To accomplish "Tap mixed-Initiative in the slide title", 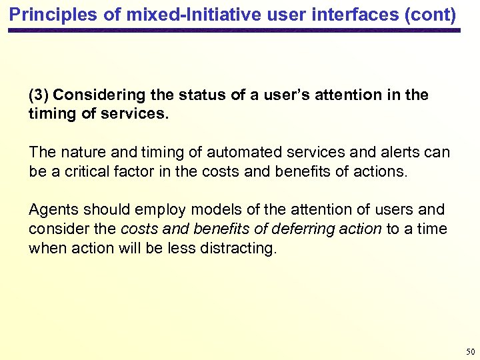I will pyautogui.click(x=148, y=13).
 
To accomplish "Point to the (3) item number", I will pyautogui.click(x=38, y=95).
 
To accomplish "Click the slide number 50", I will pyautogui.click(x=470, y=351).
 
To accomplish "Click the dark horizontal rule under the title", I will pyautogui.click(x=234, y=31).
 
